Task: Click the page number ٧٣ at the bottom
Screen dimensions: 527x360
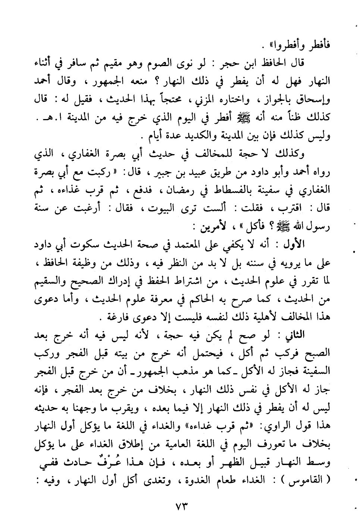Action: click(x=180, y=508)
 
